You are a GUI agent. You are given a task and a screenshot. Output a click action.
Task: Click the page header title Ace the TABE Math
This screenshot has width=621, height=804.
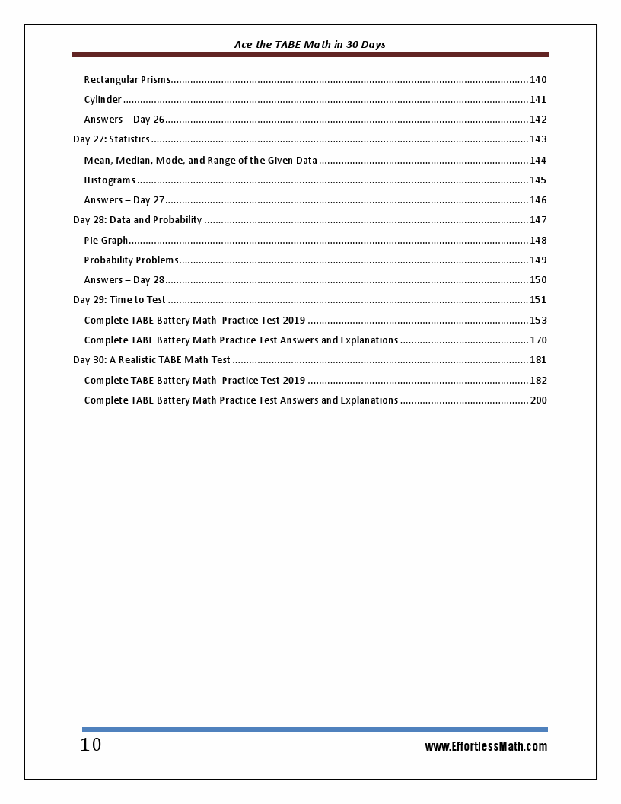point(310,45)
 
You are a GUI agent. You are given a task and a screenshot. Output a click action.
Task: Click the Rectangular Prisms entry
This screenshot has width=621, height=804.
point(127,80)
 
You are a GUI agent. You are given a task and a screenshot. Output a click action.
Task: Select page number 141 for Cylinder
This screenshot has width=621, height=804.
point(538,100)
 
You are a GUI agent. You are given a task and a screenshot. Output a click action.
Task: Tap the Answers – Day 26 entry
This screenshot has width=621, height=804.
point(124,120)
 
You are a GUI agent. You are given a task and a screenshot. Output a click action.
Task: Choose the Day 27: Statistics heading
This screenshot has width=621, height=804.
point(111,139)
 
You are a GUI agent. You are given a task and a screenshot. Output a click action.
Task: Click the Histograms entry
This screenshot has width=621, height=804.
point(110,180)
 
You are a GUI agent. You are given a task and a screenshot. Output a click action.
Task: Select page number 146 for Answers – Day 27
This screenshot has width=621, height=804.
point(538,200)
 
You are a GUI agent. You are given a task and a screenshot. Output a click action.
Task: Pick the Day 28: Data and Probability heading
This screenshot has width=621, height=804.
point(137,220)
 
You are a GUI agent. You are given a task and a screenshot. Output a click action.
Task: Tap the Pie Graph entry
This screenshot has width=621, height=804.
point(106,241)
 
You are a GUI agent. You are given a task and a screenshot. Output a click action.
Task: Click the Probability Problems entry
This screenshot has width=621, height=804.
point(131,260)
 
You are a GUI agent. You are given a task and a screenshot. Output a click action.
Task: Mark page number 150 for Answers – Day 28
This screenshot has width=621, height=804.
point(538,280)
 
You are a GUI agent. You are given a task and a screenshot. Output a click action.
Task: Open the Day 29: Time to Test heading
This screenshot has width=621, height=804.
point(119,300)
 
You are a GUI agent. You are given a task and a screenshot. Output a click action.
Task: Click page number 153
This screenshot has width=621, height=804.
point(538,321)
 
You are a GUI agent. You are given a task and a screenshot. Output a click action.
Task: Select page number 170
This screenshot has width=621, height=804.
point(538,340)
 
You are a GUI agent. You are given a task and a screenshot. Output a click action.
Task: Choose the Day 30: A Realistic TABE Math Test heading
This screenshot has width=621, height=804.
point(151,360)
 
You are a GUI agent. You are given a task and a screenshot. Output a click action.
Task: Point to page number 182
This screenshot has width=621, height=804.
point(538,381)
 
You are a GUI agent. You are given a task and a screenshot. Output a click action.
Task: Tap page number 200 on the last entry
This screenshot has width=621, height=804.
point(538,400)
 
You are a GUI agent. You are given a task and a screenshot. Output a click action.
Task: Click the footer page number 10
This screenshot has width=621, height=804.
point(91,745)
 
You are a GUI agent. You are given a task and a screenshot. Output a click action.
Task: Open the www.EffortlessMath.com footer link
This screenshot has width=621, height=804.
point(486,747)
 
